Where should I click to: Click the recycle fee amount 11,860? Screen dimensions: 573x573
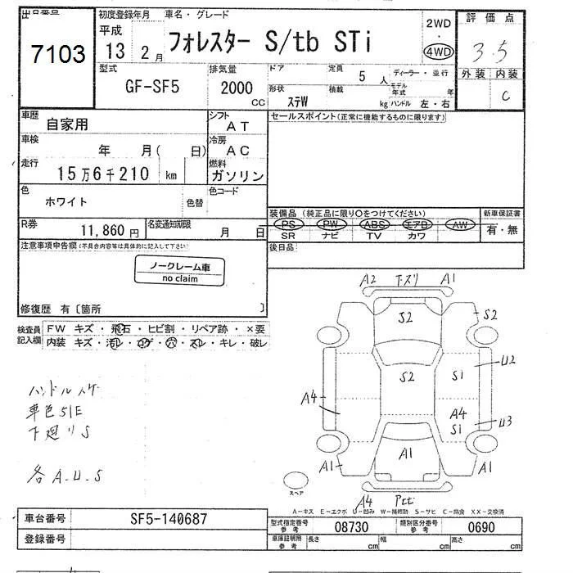(103, 232)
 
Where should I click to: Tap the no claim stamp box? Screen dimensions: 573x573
(179, 272)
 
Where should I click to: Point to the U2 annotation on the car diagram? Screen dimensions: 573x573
(508, 359)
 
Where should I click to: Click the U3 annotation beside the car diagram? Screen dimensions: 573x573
(505, 421)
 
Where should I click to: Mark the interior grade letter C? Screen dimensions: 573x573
(506, 95)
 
